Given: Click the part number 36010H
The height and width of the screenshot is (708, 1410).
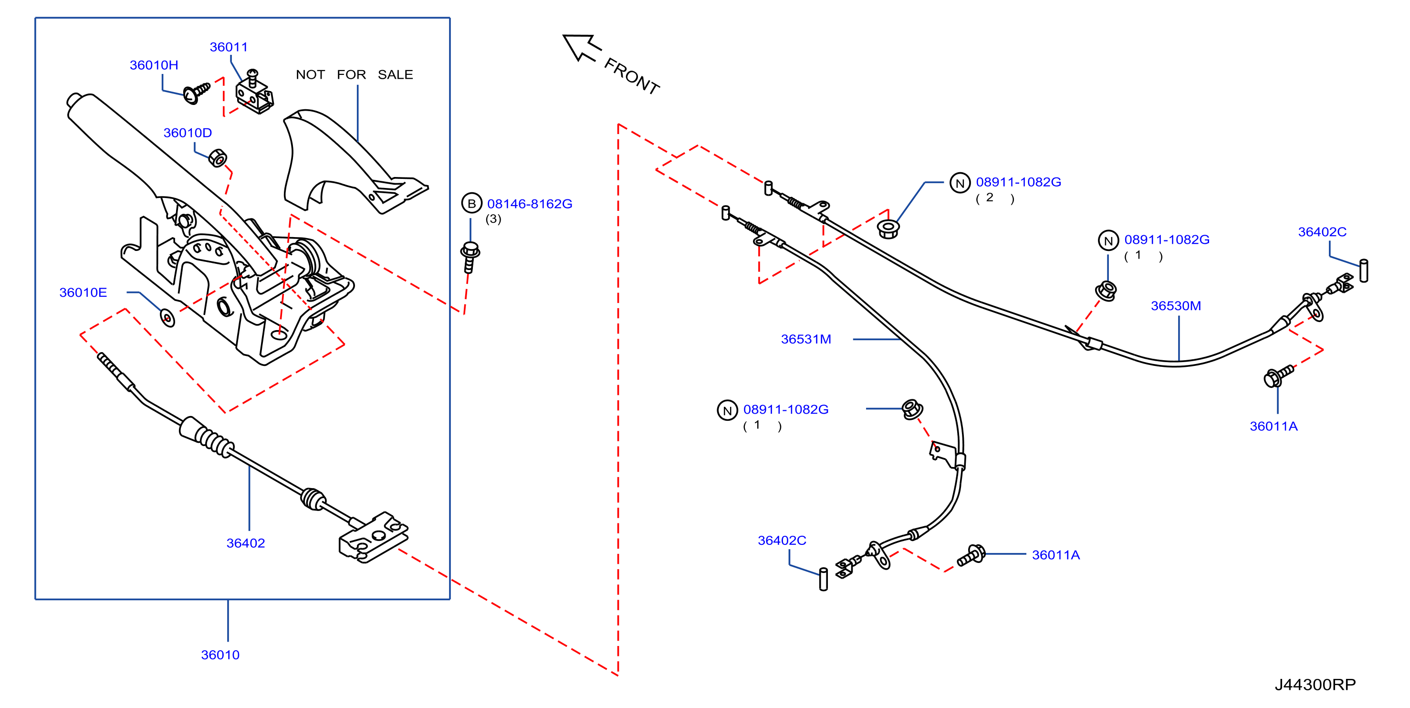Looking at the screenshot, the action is tap(154, 65).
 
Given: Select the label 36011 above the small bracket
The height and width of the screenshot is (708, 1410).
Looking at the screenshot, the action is tap(229, 47).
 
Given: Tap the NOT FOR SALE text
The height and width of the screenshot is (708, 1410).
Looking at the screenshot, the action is tap(354, 74).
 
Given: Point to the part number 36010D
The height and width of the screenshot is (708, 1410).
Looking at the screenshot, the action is tap(188, 133).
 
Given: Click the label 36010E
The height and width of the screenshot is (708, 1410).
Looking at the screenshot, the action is tap(83, 293).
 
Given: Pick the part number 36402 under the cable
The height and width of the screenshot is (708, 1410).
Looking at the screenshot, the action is tap(246, 543).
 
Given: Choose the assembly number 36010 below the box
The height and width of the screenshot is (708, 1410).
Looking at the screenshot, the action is tap(220, 655).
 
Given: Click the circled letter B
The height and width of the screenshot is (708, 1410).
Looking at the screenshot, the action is tap(471, 204).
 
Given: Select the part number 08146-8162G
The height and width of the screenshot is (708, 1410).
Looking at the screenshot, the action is tap(530, 204).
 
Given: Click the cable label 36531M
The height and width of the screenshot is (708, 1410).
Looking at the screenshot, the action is tap(806, 339).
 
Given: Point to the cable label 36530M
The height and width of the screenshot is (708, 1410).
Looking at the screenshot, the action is tap(1176, 306).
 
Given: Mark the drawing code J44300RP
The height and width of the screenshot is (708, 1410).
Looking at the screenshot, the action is tap(1316, 685).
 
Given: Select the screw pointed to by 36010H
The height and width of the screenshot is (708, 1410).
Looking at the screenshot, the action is tap(197, 93).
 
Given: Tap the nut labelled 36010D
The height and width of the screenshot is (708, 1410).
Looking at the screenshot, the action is tap(218, 158).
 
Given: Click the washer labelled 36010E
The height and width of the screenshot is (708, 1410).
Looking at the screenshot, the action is tap(167, 317).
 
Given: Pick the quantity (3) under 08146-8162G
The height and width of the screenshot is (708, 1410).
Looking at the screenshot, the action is tap(493, 219).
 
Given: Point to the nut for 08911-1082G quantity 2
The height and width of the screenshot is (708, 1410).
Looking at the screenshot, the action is tap(888, 229).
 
